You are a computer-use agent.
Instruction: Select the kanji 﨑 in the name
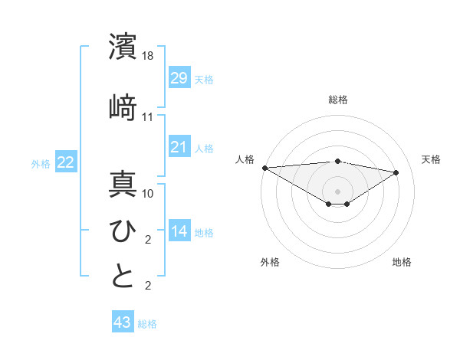tap(123, 107)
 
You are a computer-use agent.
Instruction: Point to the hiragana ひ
tap(123, 230)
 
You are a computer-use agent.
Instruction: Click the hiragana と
tap(123, 276)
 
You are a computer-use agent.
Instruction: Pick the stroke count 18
tap(148, 57)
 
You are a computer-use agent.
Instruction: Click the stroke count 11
tap(148, 117)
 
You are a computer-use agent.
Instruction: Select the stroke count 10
tap(148, 194)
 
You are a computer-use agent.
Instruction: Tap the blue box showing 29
tap(179, 77)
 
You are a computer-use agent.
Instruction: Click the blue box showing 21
tap(179, 146)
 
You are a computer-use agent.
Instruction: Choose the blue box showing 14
tap(179, 231)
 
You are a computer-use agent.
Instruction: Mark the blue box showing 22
tap(66, 162)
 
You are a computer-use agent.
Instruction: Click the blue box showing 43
tap(122, 322)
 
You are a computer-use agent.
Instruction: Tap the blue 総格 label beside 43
tap(147, 324)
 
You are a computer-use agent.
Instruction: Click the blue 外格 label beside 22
tap(41, 163)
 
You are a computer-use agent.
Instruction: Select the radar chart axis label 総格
tap(337, 100)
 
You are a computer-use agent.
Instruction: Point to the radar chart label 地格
tap(402, 263)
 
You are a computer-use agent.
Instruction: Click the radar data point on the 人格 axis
tap(264, 168)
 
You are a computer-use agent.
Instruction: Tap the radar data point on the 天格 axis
tap(396, 172)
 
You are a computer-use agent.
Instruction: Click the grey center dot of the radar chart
tap(337, 190)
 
